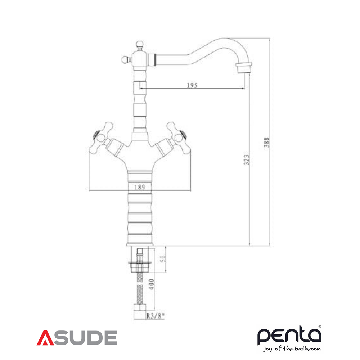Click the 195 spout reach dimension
[192, 85]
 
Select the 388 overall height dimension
[266, 142]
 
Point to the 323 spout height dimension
[246, 158]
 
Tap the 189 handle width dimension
[140, 187]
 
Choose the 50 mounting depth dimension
[163, 259]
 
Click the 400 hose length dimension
[151, 284]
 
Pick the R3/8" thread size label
[156, 316]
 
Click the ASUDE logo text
[77, 338]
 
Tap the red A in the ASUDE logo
[45, 338]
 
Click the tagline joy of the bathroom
[292, 349]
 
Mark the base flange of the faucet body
[140, 244]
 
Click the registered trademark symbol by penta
[319, 327]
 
